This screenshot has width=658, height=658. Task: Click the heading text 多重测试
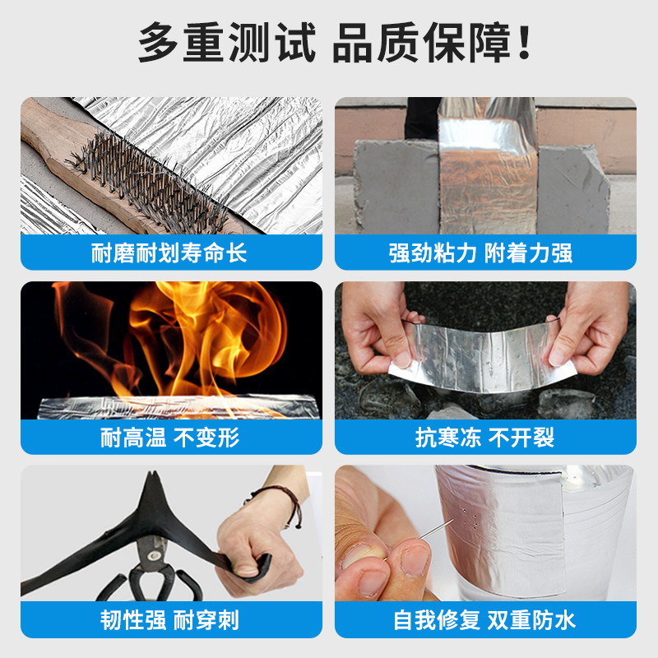227,43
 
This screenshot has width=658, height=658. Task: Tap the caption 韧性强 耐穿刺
170,620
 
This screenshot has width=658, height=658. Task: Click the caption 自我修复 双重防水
485,620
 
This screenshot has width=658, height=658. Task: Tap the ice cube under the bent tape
568,403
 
